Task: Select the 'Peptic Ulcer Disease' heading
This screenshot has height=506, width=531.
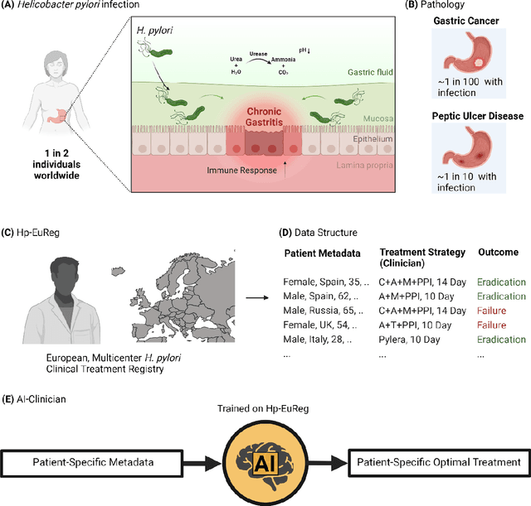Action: pyautogui.click(x=472, y=116)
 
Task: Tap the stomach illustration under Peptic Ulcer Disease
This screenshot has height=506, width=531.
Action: pyautogui.click(x=470, y=155)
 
